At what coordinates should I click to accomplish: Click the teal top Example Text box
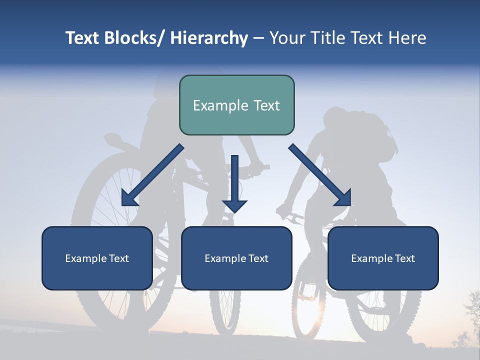(236, 105)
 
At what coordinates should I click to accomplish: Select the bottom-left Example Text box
(97, 258)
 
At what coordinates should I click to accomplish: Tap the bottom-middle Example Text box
(236, 258)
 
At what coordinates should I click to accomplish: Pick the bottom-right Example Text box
(383, 258)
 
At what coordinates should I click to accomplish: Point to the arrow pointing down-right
(320, 175)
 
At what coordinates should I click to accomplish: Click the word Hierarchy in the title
(209, 38)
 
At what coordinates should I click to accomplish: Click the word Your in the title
(287, 38)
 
